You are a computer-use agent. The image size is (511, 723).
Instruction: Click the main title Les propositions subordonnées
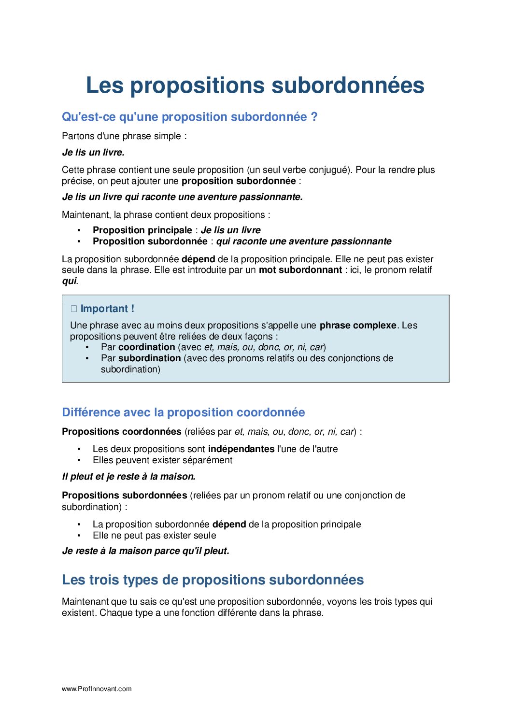pyautogui.click(x=255, y=85)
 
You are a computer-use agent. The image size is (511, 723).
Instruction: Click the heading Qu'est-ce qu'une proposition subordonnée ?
pyautogui.click(x=189, y=117)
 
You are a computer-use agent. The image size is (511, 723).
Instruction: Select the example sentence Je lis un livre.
pyautogui.click(x=93, y=153)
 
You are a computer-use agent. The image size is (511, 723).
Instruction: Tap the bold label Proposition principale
pyautogui.click(x=142, y=230)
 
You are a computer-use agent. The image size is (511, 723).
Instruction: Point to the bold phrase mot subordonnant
pyautogui.click(x=300, y=270)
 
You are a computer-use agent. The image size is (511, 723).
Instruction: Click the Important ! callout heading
pyautogui.click(x=107, y=309)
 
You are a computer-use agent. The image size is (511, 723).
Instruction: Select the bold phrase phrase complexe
pyautogui.click(x=357, y=326)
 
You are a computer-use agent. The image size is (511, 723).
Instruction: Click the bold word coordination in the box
pyautogui.click(x=146, y=347)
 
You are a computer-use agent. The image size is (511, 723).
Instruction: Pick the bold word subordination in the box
pyautogui.click(x=149, y=358)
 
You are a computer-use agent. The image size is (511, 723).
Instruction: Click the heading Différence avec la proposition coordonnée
pyautogui.click(x=183, y=412)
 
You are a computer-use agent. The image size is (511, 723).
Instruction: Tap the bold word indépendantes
pyautogui.click(x=241, y=449)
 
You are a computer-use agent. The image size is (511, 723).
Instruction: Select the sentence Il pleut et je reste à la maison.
pyautogui.click(x=128, y=477)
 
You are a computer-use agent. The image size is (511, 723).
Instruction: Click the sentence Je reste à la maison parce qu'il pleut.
pyautogui.click(x=145, y=551)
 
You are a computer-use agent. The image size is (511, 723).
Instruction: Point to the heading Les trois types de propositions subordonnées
pyautogui.click(x=213, y=580)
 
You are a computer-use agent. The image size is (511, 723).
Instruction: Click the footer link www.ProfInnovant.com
pyautogui.click(x=97, y=689)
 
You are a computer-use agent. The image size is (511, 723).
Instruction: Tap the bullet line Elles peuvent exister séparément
pyautogui.click(x=162, y=460)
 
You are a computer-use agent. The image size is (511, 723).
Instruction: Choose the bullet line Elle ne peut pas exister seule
pyautogui.click(x=154, y=536)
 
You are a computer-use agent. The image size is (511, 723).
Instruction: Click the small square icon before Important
pyautogui.click(x=74, y=309)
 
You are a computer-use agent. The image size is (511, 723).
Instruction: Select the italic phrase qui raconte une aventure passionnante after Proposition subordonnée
pyautogui.click(x=303, y=241)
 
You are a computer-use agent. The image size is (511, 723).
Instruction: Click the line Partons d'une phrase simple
pyautogui.click(x=124, y=136)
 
